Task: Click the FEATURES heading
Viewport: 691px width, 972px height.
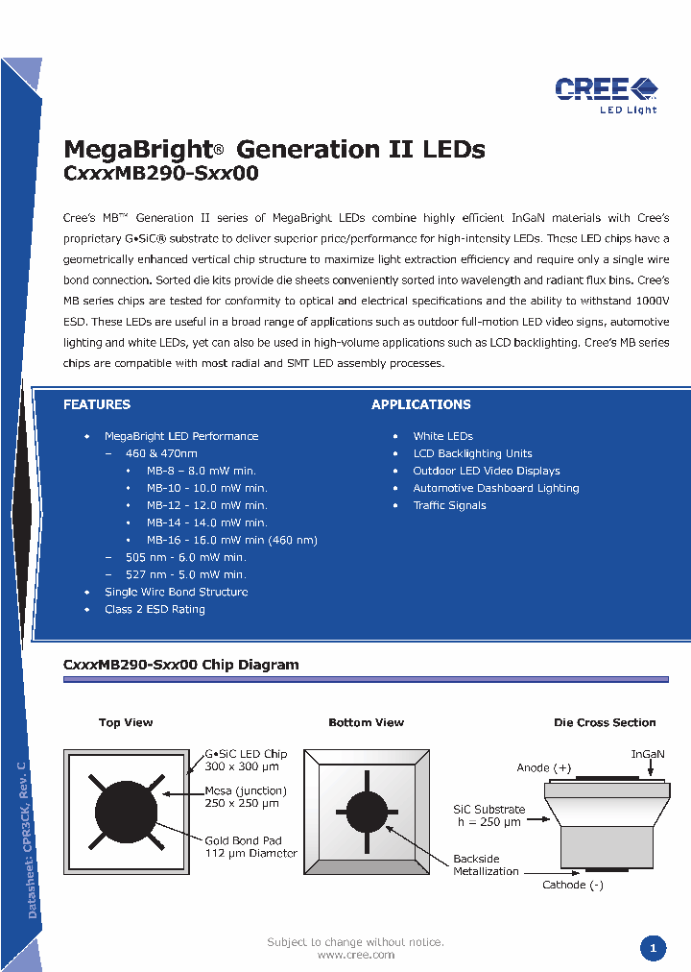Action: click(97, 404)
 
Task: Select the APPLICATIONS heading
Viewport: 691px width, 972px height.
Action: click(421, 404)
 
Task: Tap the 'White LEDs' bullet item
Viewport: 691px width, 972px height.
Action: click(442, 436)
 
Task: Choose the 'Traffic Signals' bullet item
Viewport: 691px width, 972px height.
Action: click(449, 505)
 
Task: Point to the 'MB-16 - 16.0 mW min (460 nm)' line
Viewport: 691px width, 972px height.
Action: click(231, 540)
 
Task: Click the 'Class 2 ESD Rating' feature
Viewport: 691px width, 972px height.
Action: click(155, 609)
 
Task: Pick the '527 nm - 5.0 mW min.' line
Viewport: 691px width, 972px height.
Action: click(185, 574)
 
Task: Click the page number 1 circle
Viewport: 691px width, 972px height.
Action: click(653, 949)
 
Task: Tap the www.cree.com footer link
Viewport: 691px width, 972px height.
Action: click(355, 955)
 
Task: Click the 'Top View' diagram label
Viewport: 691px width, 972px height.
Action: click(126, 722)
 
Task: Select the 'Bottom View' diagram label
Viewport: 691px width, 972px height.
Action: click(366, 722)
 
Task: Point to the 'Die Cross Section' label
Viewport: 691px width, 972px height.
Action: click(605, 722)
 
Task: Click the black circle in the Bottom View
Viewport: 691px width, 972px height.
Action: click(366, 813)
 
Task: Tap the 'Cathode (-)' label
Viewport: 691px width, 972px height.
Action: click(573, 885)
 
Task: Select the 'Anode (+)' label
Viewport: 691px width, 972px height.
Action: click(543, 767)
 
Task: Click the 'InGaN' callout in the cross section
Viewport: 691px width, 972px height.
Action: click(648, 754)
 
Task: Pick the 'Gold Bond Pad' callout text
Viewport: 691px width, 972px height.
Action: click(243, 840)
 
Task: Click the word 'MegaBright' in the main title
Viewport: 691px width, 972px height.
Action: click(137, 150)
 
